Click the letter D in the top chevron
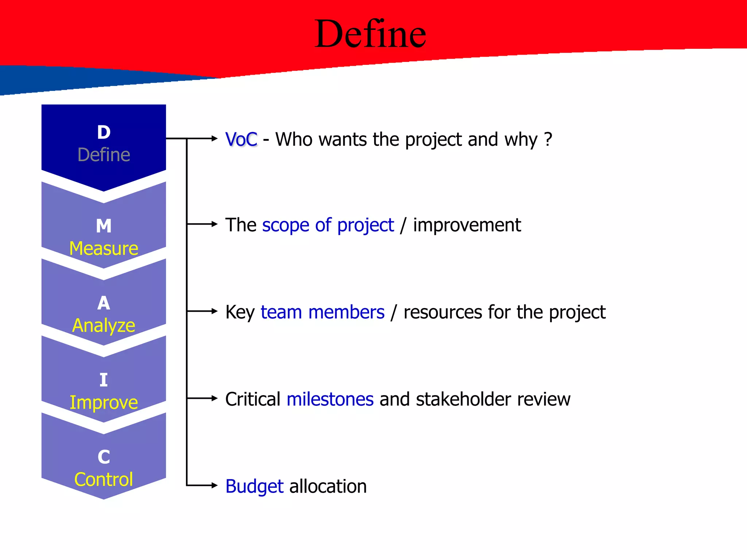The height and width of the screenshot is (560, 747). click(104, 132)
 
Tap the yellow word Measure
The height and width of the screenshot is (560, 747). click(104, 249)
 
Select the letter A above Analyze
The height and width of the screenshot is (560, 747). click(104, 303)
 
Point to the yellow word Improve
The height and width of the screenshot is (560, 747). click(104, 402)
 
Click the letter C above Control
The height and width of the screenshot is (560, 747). click(104, 457)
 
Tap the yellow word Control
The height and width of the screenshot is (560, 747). click(104, 479)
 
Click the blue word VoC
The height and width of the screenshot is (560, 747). click(241, 139)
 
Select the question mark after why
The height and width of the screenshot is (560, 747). click(548, 139)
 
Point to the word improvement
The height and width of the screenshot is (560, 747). click(467, 225)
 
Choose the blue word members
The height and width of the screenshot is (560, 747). click(346, 312)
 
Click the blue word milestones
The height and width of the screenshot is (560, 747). click(330, 399)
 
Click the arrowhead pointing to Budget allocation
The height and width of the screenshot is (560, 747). click(214, 485)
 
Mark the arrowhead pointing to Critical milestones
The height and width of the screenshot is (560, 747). click(214, 398)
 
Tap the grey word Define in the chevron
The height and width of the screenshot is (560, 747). click(104, 155)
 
